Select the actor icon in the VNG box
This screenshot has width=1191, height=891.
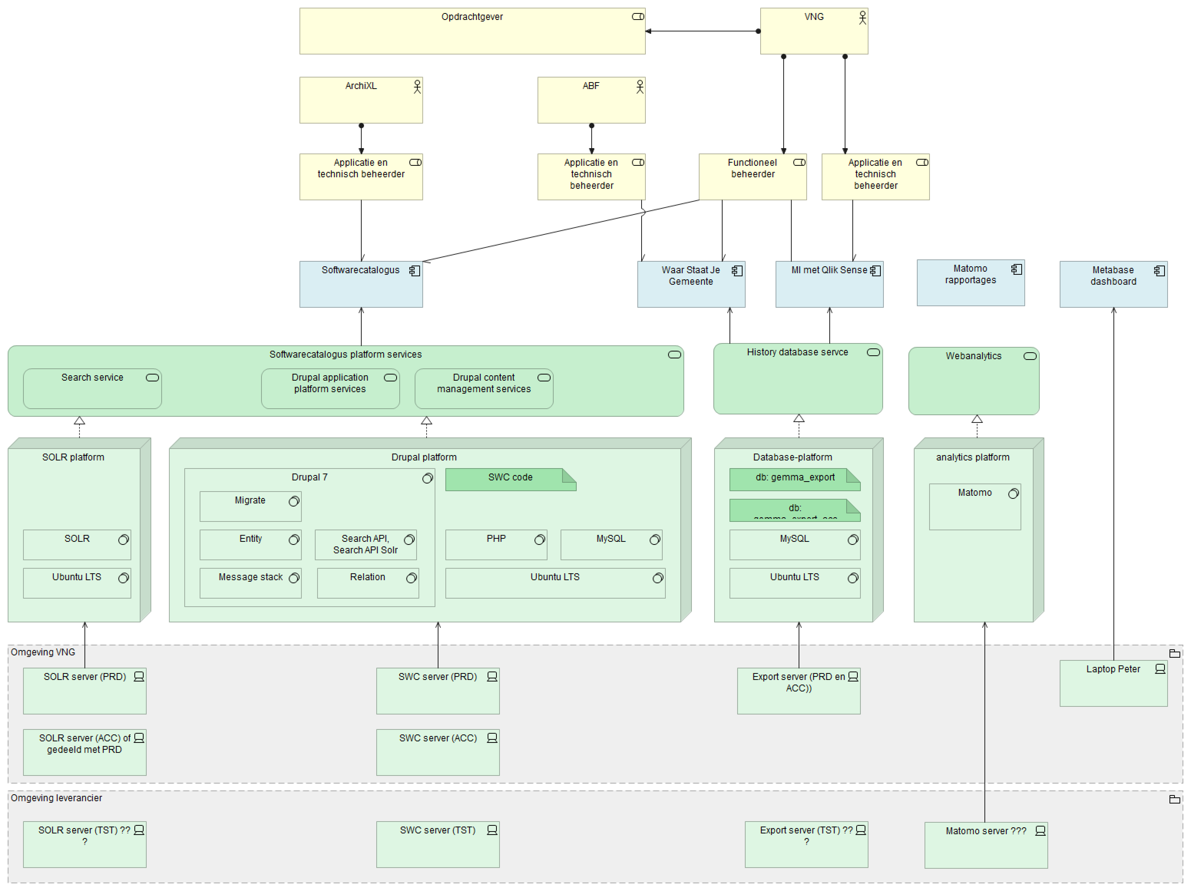[x=862, y=18]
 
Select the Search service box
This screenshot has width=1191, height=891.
[x=92, y=388]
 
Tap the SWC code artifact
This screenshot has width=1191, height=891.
[x=510, y=479]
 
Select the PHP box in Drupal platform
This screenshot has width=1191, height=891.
[x=496, y=544]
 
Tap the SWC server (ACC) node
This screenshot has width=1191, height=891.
[x=437, y=752]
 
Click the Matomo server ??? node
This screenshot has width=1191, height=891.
[x=985, y=845]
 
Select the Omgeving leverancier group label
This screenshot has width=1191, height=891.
[x=56, y=798]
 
